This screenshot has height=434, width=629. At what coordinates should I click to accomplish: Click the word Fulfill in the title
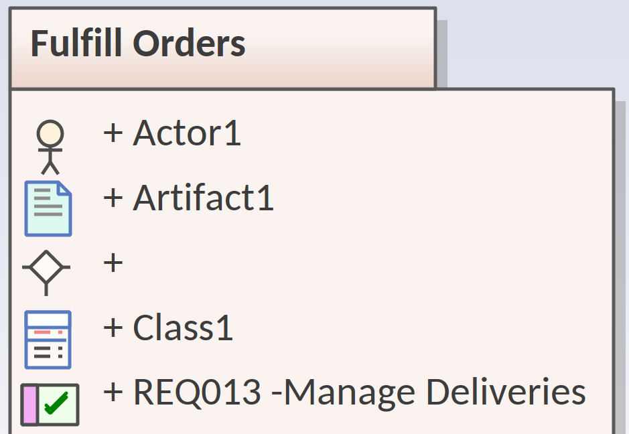[76, 43]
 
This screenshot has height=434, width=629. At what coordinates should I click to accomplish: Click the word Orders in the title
[189, 44]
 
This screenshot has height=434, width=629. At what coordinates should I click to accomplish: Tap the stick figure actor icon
[50, 147]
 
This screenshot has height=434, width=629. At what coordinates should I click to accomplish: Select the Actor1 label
[187, 133]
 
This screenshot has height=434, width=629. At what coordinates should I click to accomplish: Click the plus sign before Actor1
[113, 133]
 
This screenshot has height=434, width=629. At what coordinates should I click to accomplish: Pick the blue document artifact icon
[48, 208]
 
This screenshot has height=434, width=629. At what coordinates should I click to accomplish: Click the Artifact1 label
[204, 198]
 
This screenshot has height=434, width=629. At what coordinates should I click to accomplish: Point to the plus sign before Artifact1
[113, 198]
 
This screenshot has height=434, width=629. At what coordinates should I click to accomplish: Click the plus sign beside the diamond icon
[113, 263]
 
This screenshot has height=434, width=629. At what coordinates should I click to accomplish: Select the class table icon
[48, 340]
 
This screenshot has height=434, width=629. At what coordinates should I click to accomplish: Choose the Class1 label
[183, 328]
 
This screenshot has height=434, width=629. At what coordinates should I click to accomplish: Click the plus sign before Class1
[113, 328]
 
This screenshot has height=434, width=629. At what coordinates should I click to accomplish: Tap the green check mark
[56, 403]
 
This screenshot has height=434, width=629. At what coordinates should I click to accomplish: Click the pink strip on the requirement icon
[29, 405]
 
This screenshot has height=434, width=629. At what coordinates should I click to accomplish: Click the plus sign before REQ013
[113, 392]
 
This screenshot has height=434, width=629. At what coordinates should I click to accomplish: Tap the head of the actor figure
[50, 133]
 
